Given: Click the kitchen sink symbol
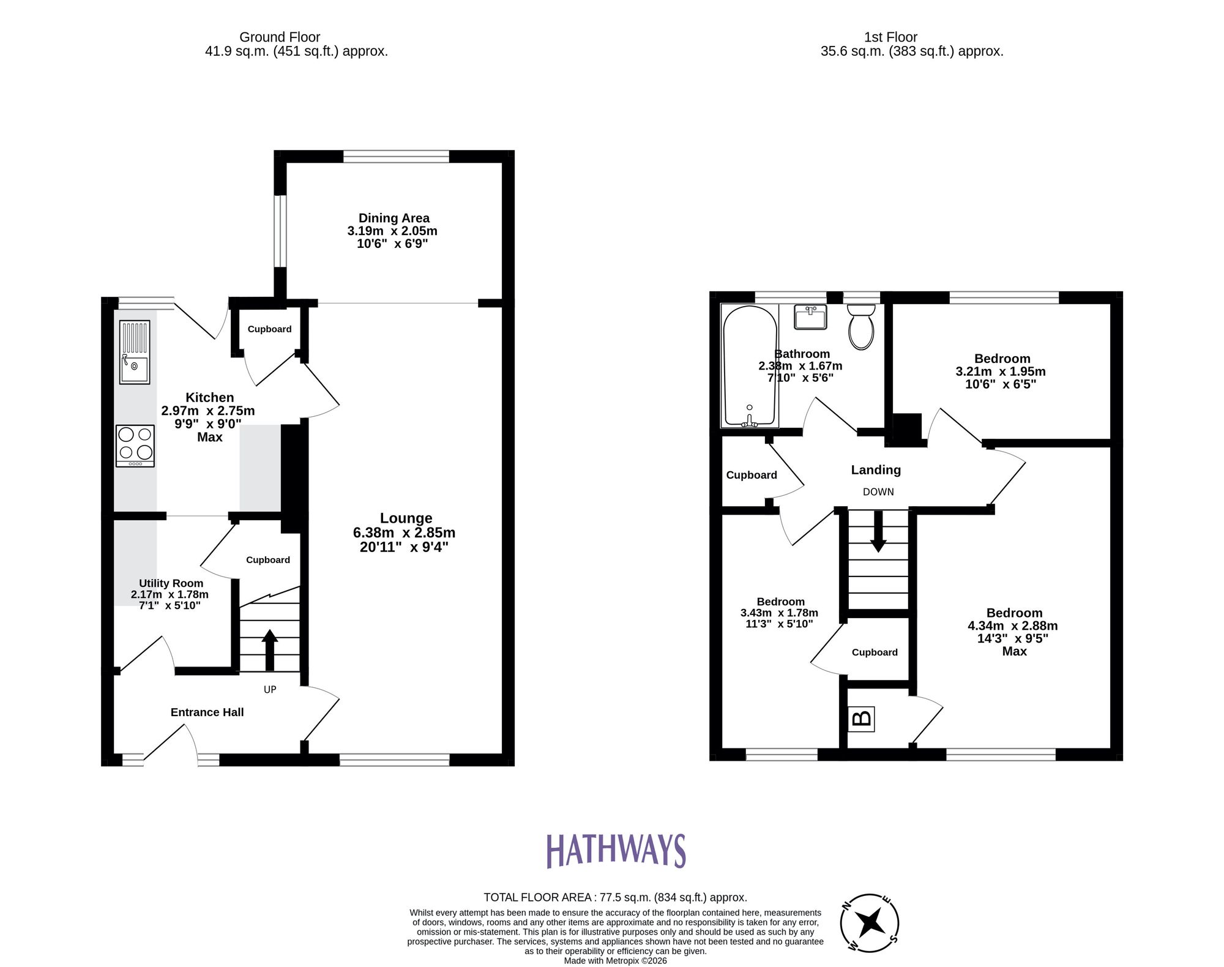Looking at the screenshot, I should point(135,353).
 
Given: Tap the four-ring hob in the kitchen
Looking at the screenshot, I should point(135,446).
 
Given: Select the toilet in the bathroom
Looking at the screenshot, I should point(862,327).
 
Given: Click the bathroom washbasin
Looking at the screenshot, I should point(810,317).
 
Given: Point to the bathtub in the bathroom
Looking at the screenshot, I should point(750,366).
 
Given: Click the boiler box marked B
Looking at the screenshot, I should point(862,719).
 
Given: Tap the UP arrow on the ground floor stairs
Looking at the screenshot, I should point(269,649).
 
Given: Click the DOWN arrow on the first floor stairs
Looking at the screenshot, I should point(878,531).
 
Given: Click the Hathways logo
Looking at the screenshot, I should point(616,851).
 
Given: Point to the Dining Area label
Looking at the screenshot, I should point(394,218).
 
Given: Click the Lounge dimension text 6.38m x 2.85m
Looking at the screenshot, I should point(404,533).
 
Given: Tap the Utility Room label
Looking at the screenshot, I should point(171,583).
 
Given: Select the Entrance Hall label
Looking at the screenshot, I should point(207,712).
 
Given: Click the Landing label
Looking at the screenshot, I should point(876,470).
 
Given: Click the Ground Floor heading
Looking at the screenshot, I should point(280,37).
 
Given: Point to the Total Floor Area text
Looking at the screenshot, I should point(615,898).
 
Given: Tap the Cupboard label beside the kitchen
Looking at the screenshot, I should point(269,329).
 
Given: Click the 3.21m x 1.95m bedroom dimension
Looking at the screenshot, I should point(1001,371).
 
